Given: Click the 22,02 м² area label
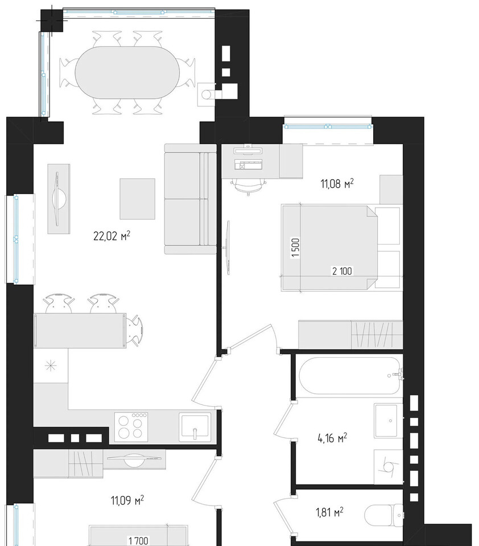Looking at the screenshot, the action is (x=112, y=236).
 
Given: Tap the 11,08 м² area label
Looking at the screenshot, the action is (x=337, y=183).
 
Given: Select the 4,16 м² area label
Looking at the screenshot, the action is (x=332, y=438).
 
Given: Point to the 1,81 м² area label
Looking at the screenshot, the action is (x=329, y=512).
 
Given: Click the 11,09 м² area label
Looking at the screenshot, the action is (x=127, y=500).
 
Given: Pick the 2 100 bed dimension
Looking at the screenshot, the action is (x=342, y=271).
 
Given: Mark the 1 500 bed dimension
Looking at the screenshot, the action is (x=295, y=247).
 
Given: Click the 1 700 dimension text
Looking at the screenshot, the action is (x=139, y=541).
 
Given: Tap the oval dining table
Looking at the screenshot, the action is (x=127, y=72).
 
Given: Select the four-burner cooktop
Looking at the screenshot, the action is (x=131, y=426).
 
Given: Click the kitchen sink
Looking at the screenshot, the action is (x=195, y=426).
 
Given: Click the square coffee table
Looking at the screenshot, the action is (x=138, y=199).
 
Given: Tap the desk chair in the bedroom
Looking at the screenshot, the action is (x=249, y=187).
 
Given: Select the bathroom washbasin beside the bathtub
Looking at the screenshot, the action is (x=388, y=420).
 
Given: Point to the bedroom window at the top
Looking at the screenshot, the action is (x=328, y=126).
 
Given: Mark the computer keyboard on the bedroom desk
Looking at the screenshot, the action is (x=248, y=165).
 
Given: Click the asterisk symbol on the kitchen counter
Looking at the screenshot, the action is (x=51, y=366).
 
